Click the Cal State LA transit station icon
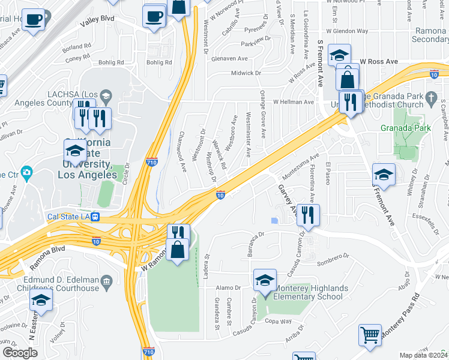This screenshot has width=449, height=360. tap(95, 218)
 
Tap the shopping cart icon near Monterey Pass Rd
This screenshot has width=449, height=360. tap(370, 334)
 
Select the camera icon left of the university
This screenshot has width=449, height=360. tap(26, 174)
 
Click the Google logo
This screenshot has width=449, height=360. tap(20, 353)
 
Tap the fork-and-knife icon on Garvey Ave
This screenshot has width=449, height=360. tap(307, 215)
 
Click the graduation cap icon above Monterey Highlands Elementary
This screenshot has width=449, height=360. tap(264, 280)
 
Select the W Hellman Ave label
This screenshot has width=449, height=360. tap(294, 102)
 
